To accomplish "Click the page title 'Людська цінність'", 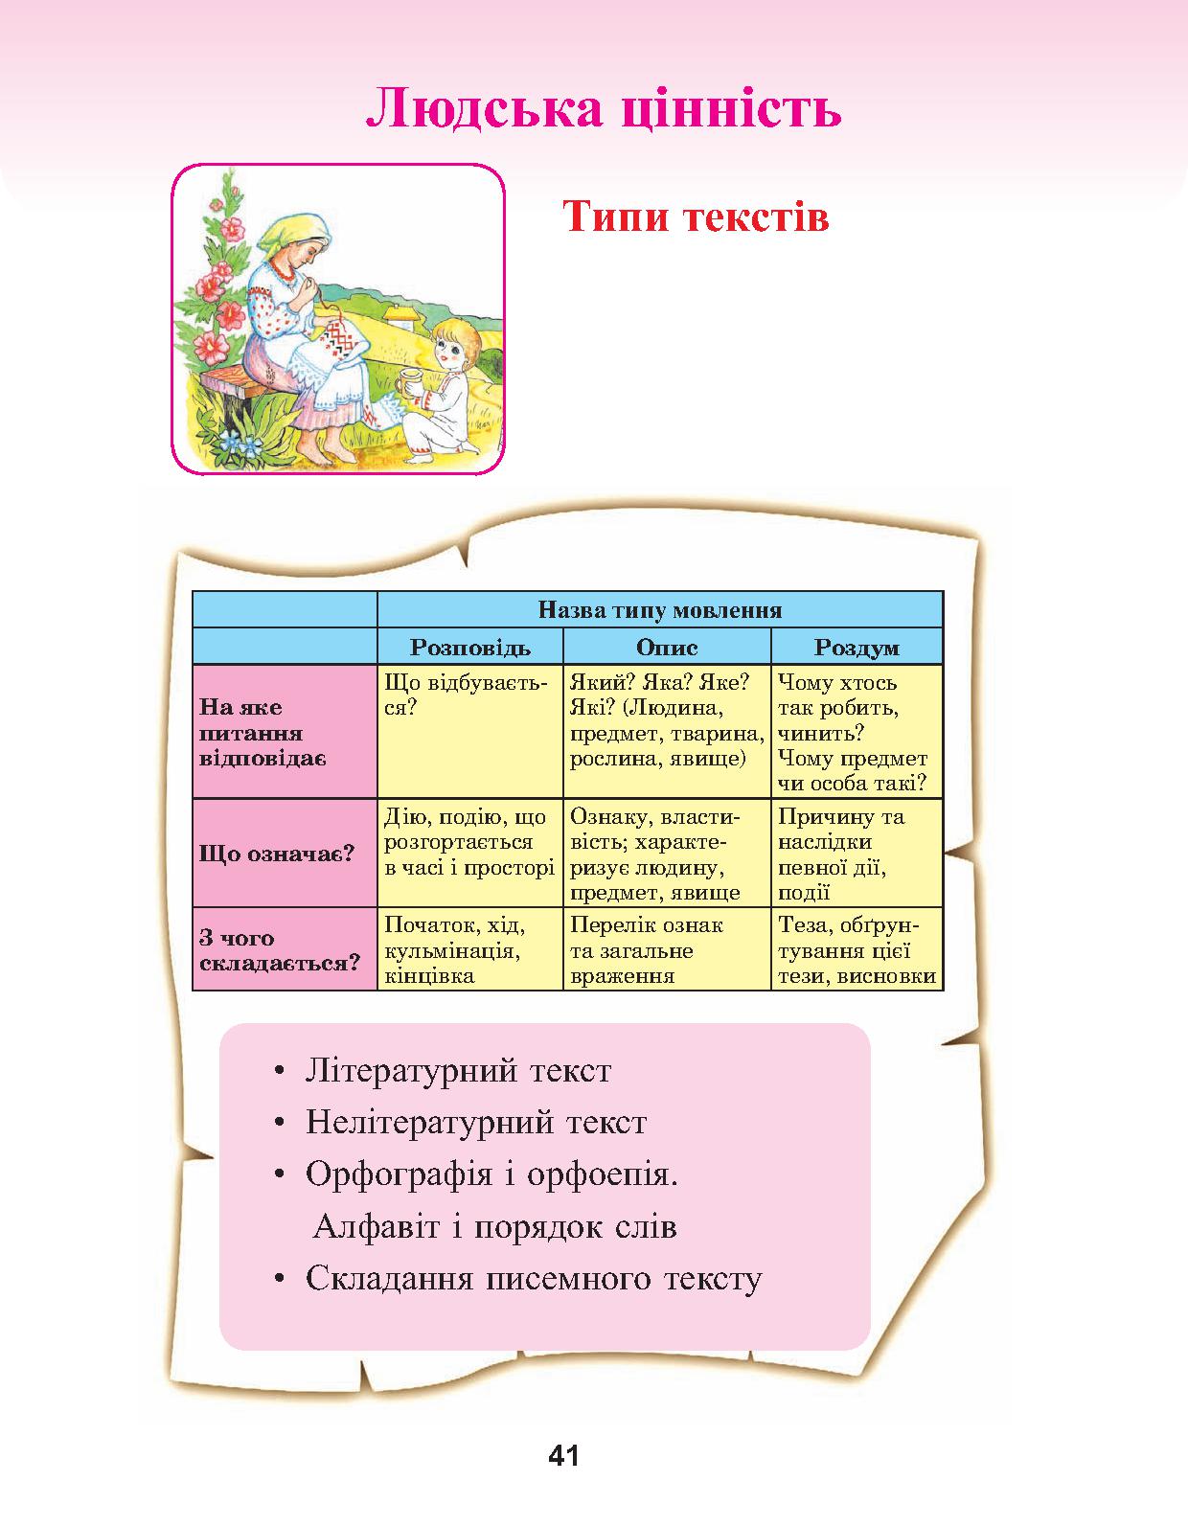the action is [604, 108].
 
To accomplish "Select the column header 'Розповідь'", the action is [470, 647].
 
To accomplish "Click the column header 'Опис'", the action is [667, 647].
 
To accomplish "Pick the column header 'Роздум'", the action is [857, 647].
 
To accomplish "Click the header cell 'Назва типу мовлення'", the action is [660, 609].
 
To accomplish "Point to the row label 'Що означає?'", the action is [277, 854].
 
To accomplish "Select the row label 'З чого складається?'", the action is [279, 950].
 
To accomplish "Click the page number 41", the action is [564, 1455].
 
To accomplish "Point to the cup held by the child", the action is [409, 386].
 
